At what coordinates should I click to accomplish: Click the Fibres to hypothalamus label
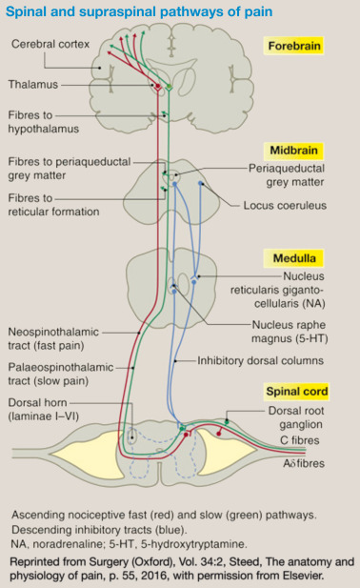tap(43, 121)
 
